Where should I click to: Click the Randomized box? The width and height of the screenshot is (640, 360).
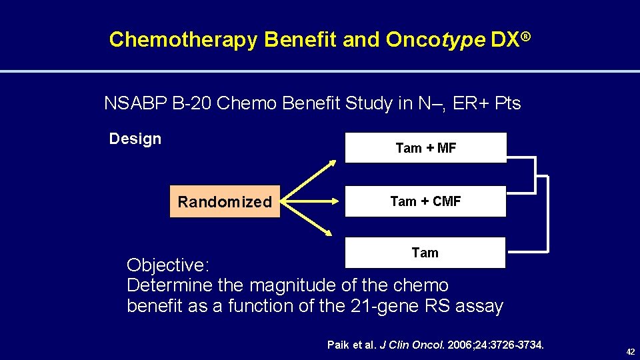(x=225, y=202)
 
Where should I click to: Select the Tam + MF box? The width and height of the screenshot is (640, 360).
(x=425, y=148)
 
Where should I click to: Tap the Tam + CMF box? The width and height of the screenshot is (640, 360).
(x=425, y=201)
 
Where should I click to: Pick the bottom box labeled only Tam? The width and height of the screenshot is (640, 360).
(x=425, y=253)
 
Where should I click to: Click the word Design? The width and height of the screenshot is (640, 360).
(x=135, y=139)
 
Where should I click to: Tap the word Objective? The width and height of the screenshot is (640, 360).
(x=169, y=265)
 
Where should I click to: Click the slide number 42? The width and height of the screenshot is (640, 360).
(x=629, y=352)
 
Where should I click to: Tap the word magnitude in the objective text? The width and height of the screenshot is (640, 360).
(x=293, y=286)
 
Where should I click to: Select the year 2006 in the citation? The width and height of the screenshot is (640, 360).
(x=461, y=345)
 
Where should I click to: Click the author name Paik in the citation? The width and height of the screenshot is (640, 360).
(x=338, y=345)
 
